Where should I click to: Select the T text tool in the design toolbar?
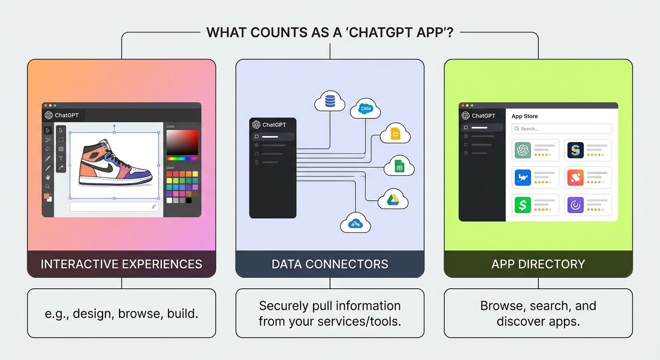tap(61, 158)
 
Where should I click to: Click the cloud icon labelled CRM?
tap(365, 109)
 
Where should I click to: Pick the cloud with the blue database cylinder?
tap(330, 101)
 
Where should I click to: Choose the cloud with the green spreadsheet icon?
tap(399, 166)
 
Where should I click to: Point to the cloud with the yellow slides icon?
tap(395, 134)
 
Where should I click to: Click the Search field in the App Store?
tap(562, 128)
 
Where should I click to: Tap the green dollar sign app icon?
tap(523, 205)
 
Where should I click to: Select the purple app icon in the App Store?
tap(575, 205)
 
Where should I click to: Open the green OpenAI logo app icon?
tap(523, 150)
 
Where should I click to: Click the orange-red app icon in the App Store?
tap(575, 178)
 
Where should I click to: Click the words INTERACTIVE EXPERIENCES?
tap(121, 264)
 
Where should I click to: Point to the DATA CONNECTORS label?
tap(330, 264)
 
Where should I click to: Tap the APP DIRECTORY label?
tap(538, 264)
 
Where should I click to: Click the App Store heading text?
tap(525, 116)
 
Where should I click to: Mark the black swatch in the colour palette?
tap(188, 200)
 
